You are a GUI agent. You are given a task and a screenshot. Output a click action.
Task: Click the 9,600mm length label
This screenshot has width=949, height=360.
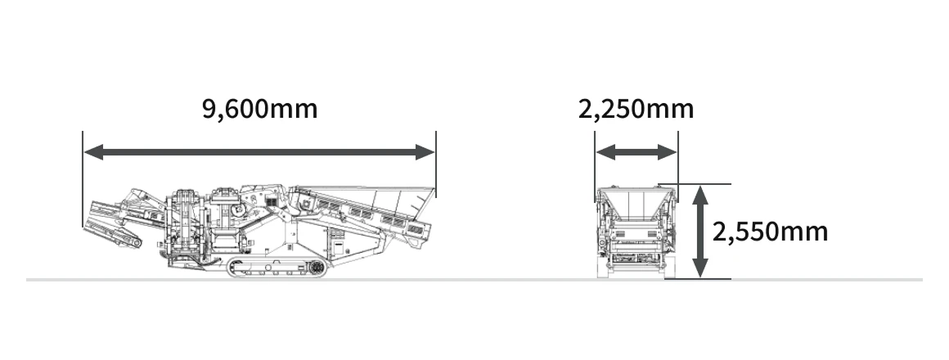(259, 110)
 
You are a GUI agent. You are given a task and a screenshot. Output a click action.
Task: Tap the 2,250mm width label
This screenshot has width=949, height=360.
(636, 110)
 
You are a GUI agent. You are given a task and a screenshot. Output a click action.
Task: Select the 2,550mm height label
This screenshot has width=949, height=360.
(770, 232)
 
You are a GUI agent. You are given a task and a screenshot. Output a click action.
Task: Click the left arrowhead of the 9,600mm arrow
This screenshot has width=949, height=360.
(94, 152)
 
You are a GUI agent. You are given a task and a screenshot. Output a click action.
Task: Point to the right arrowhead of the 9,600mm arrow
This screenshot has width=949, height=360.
(425, 152)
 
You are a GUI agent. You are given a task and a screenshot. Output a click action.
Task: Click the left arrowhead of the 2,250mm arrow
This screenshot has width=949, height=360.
(606, 152)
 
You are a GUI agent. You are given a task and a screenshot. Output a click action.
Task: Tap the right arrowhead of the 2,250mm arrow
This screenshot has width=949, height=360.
(667, 152)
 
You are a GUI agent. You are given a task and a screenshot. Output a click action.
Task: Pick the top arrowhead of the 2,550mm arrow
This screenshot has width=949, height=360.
(700, 196)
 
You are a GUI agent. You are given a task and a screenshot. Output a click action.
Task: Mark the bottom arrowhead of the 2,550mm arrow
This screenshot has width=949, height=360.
(700, 268)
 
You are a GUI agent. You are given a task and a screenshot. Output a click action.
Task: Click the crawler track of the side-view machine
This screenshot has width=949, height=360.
(277, 268)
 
